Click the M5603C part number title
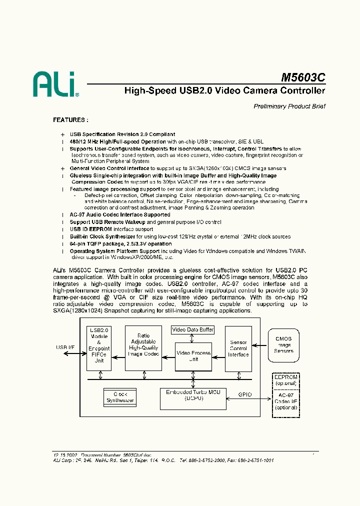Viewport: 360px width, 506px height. click(x=303, y=78)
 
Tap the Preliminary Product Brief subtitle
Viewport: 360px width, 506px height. click(x=289, y=106)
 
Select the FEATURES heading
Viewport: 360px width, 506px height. click(x=70, y=120)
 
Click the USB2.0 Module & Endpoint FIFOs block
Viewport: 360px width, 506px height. click(x=98, y=348)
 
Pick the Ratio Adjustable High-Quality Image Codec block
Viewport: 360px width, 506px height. click(x=143, y=345)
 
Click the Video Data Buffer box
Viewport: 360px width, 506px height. click(x=192, y=329)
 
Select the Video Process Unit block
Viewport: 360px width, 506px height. click(x=193, y=356)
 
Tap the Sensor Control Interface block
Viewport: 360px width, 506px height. click(x=238, y=348)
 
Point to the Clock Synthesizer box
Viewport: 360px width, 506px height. click(x=120, y=396)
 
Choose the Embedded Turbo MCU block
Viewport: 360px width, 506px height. click(x=192, y=395)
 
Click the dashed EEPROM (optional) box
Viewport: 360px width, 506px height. click(x=285, y=380)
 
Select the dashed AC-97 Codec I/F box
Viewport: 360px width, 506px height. click(x=285, y=401)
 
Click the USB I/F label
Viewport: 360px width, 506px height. click(x=65, y=347)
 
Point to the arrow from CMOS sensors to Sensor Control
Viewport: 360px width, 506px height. click(x=259, y=344)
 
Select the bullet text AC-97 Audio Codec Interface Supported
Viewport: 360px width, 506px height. click(x=120, y=214)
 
